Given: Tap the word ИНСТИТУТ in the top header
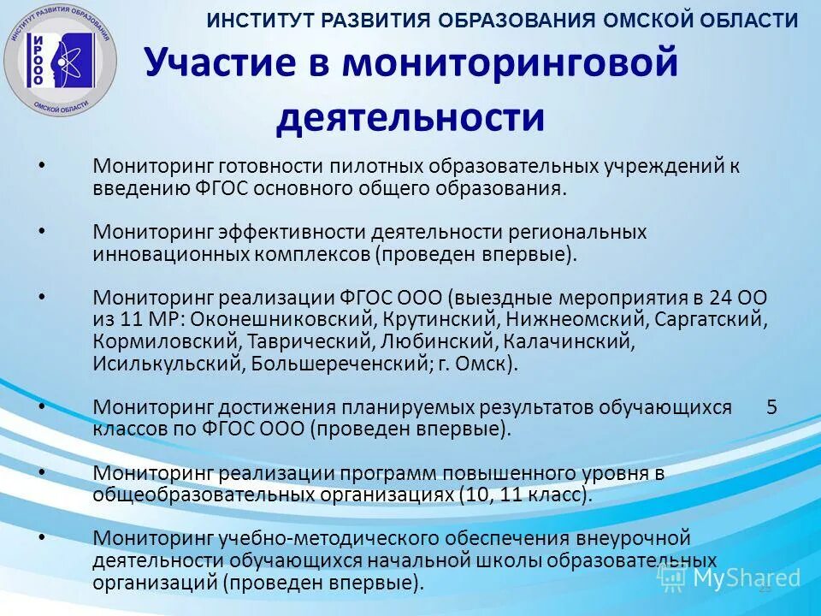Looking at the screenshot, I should (x=256, y=21).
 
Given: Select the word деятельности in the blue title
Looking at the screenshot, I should (x=410, y=118).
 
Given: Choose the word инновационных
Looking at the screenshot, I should (x=170, y=254).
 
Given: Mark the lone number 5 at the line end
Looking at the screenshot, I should (x=771, y=407).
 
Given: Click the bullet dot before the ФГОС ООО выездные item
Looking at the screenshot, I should (x=42, y=294).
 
